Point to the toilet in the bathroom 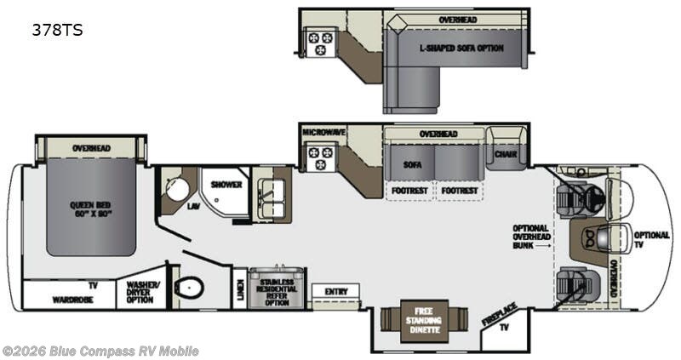pos(189,288)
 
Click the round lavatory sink pos(177,189)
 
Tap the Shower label pos(226,184)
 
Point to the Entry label pos(335,292)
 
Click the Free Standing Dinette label pos(424,317)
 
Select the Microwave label pos(323,133)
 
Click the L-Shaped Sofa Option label pos(461,48)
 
